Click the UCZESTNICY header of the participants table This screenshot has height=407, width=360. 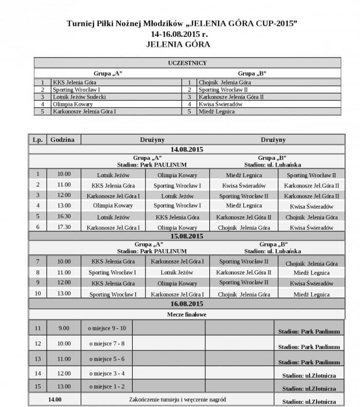(x=187, y=63)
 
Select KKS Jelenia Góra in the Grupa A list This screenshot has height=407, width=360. (x=75, y=82)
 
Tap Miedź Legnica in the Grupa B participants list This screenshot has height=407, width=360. (x=213, y=111)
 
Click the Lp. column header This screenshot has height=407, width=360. (x=37, y=139)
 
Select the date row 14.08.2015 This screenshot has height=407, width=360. (x=187, y=149)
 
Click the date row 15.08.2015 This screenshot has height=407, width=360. (x=187, y=236)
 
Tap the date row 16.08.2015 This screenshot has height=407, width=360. (x=187, y=303)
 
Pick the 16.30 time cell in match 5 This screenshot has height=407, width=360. (x=64, y=216)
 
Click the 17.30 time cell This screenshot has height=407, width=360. (x=64, y=227)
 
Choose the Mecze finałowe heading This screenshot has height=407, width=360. (x=187, y=313)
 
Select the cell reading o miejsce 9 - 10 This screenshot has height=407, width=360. (x=106, y=328)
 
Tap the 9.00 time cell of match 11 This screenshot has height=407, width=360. (x=64, y=328)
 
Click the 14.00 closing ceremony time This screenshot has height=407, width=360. (x=55, y=399)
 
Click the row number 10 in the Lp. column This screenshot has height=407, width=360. (x=38, y=293)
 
